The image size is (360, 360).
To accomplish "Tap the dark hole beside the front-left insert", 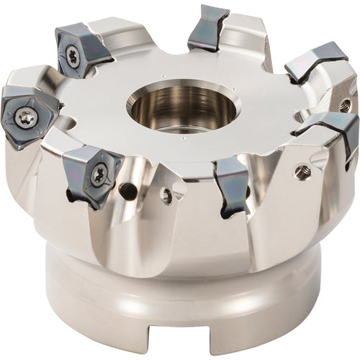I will [x=129, y=192].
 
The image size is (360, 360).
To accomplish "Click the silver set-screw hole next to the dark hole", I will [x=166, y=195].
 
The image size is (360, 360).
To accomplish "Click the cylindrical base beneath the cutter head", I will [x=180, y=302].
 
